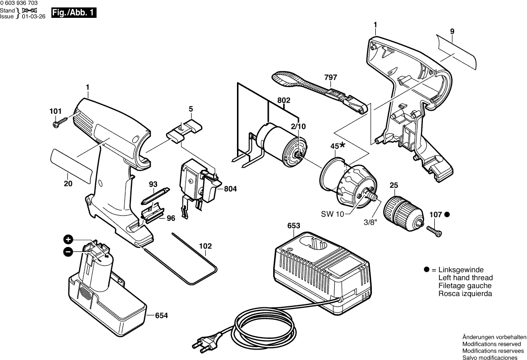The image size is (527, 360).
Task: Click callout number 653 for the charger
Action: pyautogui.click(x=293, y=226)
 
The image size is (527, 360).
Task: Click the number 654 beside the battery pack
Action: pyautogui.click(x=161, y=315)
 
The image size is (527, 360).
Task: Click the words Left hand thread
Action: pyautogui.click(x=466, y=278)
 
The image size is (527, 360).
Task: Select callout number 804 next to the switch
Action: pyautogui.click(x=230, y=189)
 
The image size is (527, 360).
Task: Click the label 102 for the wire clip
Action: pyautogui.click(x=205, y=246)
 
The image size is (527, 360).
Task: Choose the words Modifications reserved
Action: pyautogui.click(x=491, y=343)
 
